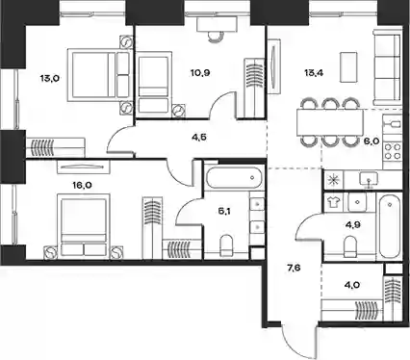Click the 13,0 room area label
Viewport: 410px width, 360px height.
49,78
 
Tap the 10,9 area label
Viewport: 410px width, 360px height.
200,73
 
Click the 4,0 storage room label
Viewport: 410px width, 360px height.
344,285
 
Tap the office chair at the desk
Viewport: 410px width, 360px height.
215,37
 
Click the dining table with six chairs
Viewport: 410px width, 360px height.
330,122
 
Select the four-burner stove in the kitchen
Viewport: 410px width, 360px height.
393,151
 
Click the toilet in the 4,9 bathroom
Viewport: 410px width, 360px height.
349,246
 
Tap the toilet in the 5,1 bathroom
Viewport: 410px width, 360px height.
227,245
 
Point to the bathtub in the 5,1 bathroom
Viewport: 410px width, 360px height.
234,177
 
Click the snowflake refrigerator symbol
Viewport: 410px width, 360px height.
334,180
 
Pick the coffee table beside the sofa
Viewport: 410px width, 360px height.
348,67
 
